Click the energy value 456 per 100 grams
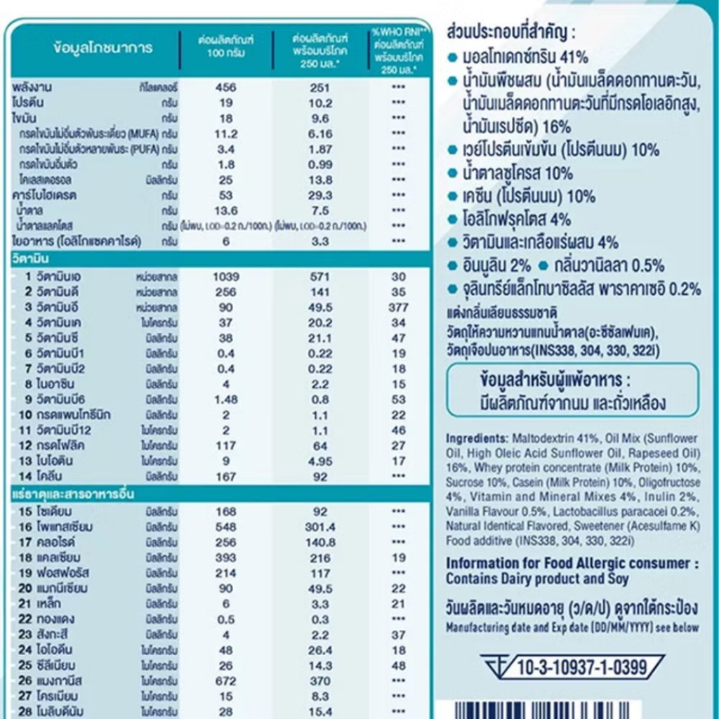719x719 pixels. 225,88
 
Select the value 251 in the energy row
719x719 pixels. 319,88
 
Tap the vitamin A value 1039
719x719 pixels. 225,277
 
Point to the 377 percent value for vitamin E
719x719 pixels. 399,308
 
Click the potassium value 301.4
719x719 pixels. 319,527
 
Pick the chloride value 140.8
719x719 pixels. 319,542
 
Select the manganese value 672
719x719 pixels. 225,680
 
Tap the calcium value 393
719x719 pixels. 225,558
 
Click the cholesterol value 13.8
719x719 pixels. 319,180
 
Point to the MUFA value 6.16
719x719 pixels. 319,133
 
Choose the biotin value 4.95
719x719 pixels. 319,461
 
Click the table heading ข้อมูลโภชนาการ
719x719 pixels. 102,48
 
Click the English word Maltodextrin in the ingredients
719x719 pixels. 536,438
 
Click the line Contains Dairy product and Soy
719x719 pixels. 537,579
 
